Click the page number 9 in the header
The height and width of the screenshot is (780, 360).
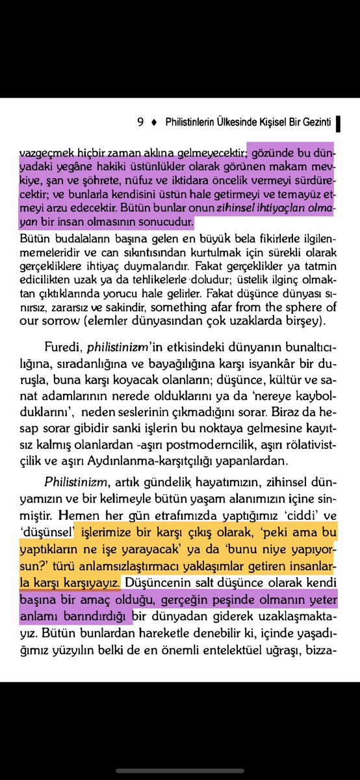pos(140,122)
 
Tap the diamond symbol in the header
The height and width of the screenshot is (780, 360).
pos(153,122)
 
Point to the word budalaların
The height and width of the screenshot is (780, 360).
pos(71,238)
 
